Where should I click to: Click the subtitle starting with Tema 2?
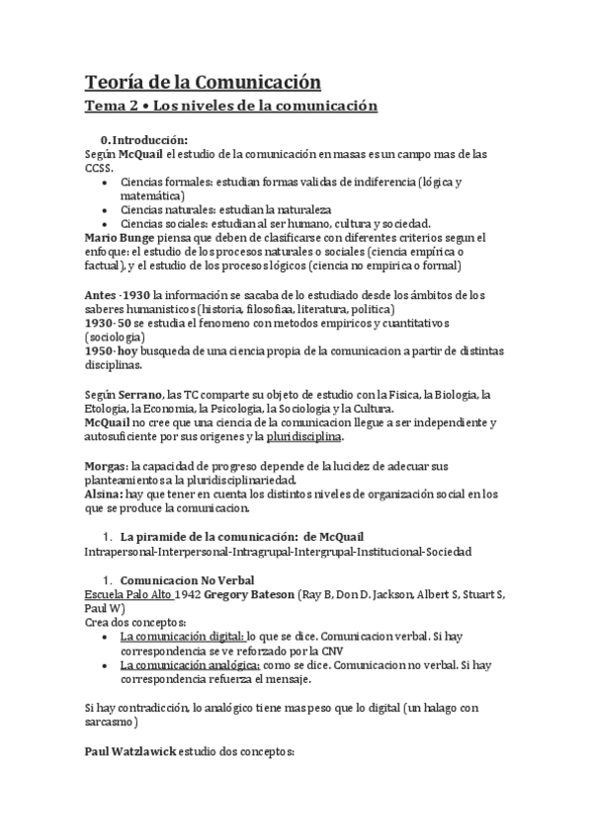pyautogui.click(x=230, y=105)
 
